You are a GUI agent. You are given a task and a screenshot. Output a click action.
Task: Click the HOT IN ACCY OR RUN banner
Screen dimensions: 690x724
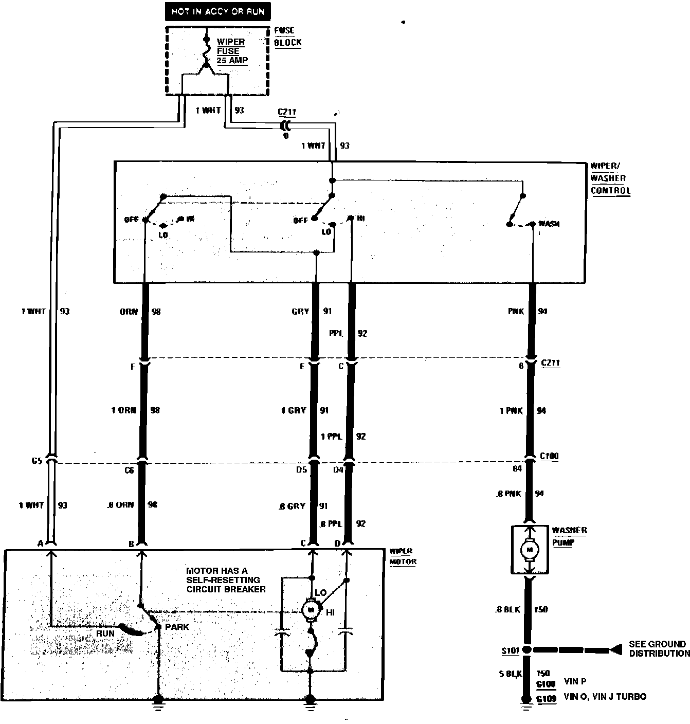[x=218, y=12]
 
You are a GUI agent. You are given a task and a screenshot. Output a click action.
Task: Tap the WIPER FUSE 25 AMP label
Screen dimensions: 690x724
[x=231, y=51]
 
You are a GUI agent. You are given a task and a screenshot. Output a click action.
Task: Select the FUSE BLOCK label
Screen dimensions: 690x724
[x=287, y=37]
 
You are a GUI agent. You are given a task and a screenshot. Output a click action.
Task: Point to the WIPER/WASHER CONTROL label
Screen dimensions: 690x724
[x=610, y=178]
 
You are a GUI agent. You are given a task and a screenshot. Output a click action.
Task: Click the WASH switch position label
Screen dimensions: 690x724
[x=549, y=224]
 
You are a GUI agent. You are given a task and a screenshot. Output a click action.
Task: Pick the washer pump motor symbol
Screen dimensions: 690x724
[x=529, y=550]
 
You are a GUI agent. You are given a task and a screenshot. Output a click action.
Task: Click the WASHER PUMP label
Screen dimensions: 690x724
[x=569, y=536]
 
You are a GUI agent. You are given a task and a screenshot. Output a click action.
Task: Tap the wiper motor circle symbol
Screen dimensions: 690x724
[x=310, y=610]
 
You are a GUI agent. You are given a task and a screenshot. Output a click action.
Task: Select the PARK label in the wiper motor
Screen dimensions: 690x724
[x=177, y=627]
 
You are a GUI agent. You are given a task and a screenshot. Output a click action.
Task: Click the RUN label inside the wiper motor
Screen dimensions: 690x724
[x=105, y=633]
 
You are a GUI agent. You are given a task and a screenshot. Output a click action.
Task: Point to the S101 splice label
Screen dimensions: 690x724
[x=510, y=651]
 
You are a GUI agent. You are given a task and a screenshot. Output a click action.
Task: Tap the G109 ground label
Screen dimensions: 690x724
[x=546, y=698]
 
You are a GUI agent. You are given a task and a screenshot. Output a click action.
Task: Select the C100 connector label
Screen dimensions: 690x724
[x=549, y=456]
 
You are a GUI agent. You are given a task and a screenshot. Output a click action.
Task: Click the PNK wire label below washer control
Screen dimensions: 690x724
[x=516, y=311]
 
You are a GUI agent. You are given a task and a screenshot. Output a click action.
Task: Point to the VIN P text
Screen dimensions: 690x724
[x=575, y=682]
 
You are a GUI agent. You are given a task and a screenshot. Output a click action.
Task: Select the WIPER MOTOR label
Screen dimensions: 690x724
[x=403, y=556]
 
